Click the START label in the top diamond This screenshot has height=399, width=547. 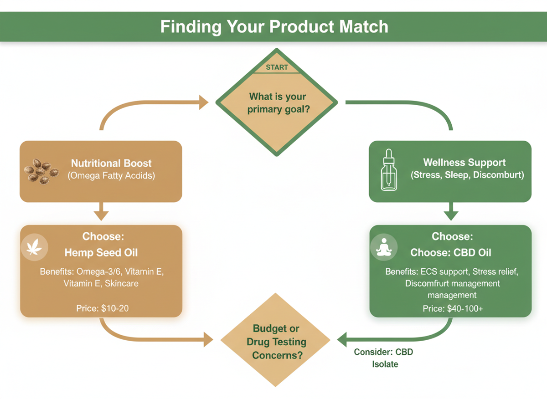(277, 67)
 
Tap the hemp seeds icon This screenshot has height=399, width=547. (41, 171)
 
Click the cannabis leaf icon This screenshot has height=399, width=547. (34, 248)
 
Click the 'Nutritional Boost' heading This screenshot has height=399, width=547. (111, 163)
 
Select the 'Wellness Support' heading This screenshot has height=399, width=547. (464, 163)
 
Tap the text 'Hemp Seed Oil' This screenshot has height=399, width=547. (101, 253)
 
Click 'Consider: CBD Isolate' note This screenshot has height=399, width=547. (384, 358)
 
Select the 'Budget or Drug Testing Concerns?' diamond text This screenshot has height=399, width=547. (276, 342)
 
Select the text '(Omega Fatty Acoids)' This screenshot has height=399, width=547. (111, 175)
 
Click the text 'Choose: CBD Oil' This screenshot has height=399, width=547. (450, 253)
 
